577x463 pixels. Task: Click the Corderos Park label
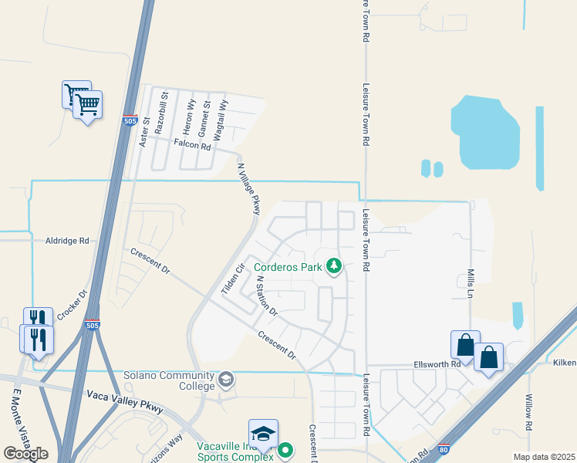pos(288,268)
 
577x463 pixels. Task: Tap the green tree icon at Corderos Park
pos(333,267)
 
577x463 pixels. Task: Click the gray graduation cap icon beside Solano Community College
pos(226,379)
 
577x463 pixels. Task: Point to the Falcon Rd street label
pos(192,145)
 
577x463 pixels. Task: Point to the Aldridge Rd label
pos(67,241)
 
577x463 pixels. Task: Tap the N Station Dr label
pos(266,296)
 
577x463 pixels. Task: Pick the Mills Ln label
pos(470,284)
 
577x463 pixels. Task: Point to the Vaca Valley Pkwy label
pos(125,401)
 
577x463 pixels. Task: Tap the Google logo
pos(25,453)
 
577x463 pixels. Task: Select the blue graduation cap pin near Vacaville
pos(263,434)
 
